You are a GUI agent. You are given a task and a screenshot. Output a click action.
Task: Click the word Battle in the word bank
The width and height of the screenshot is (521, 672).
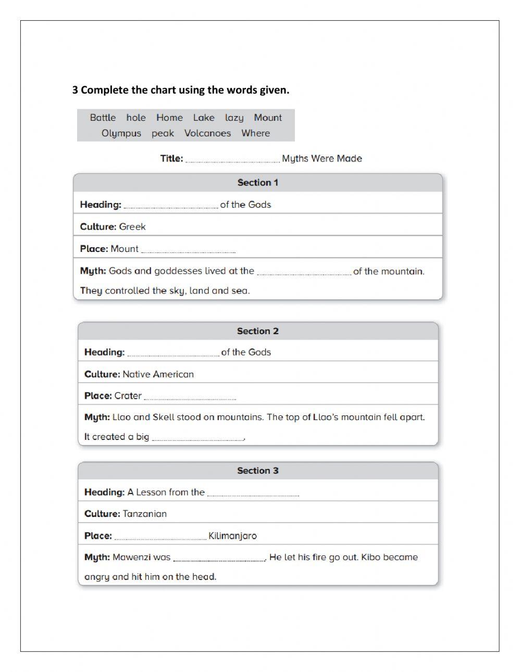[103, 118]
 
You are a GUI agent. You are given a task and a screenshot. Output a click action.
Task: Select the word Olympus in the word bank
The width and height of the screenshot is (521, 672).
[121, 133]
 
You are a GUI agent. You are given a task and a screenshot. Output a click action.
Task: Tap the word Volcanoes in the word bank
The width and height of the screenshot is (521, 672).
[207, 133]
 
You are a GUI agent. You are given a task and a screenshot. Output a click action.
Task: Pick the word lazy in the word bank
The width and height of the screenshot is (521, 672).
[234, 118]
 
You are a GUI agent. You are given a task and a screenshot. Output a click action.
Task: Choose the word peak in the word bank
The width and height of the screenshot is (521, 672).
[163, 133]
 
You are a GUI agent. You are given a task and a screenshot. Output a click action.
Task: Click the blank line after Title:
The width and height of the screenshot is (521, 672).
[232, 159]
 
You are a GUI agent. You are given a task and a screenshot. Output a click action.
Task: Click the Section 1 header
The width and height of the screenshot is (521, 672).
[258, 183]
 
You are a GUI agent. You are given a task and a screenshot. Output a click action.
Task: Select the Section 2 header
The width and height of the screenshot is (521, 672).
[258, 331]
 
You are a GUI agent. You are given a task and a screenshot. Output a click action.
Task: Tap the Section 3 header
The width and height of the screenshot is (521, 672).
[258, 471]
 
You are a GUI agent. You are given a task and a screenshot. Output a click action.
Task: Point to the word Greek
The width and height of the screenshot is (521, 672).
[132, 227]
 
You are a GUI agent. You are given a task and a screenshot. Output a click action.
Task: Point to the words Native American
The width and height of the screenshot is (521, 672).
[158, 374]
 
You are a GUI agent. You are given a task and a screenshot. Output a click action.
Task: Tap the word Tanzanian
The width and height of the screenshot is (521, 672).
[144, 514]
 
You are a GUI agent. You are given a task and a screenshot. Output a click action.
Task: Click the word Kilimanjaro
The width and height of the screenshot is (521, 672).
[232, 536]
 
